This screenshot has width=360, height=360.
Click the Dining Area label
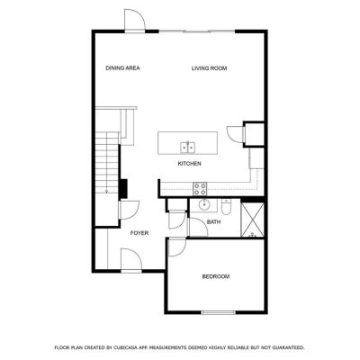(x=122, y=68)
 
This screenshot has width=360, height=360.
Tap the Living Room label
(x=209, y=68)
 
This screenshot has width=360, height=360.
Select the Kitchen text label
(x=190, y=164)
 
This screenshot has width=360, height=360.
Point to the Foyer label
(x=139, y=233)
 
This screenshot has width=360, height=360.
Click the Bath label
(x=214, y=222)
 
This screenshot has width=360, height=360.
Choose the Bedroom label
(x=216, y=276)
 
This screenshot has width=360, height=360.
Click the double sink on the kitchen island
(x=187, y=147)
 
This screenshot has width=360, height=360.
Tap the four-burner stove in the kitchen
(x=200, y=189)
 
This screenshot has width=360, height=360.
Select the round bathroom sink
(x=204, y=205)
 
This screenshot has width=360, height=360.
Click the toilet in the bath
(x=226, y=207)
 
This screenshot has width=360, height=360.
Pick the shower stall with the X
(x=253, y=220)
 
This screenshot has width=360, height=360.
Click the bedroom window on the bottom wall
(x=219, y=312)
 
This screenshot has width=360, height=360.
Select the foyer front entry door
(x=131, y=260)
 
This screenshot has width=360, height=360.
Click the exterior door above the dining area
(x=135, y=20)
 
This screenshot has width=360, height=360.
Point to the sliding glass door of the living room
(x=196, y=31)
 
